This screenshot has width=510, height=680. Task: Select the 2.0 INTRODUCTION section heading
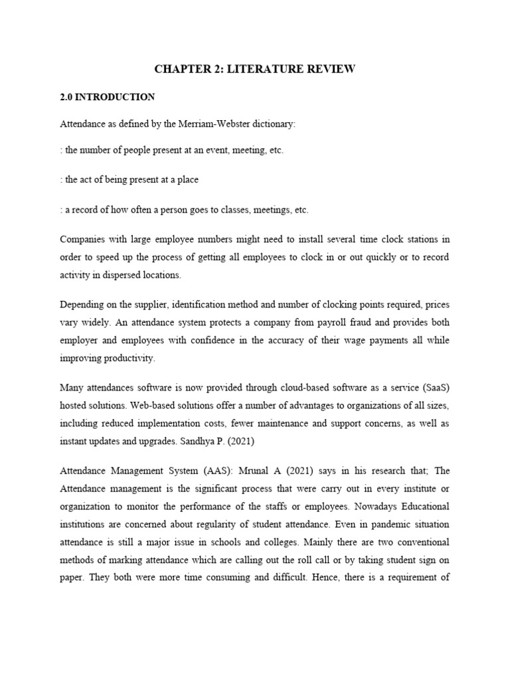point(108,97)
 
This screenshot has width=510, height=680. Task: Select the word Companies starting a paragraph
point(83,239)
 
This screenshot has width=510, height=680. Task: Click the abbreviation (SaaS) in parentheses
point(431,388)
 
